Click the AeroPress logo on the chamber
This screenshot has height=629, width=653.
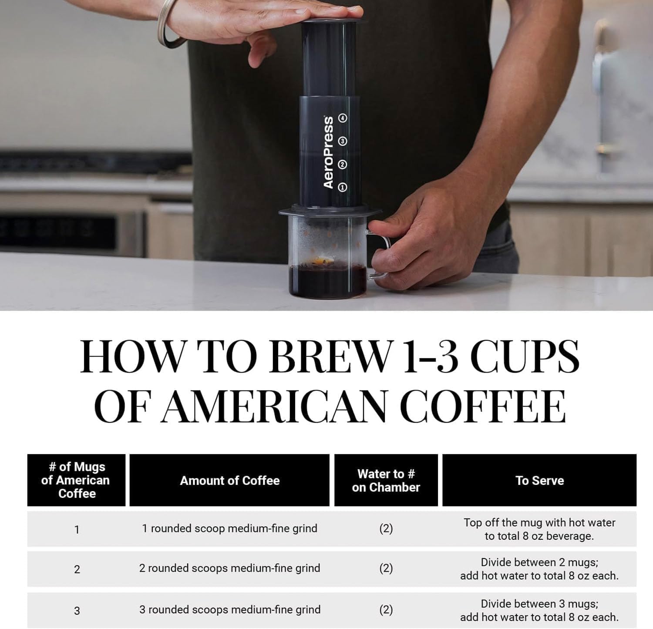coord(329,152)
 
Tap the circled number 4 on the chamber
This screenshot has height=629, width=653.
coord(343,118)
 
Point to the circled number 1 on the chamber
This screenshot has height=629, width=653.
coord(343,187)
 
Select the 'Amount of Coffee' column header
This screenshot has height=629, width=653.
coord(229,481)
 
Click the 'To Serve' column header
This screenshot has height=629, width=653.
coord(539,481)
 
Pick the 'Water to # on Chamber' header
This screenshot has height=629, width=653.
coord(386,481)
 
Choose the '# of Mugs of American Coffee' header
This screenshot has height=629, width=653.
coord(77,481)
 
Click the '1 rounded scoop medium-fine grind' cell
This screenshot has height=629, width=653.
coord(229,528)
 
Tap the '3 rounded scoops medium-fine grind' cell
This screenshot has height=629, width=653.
coord(229,609)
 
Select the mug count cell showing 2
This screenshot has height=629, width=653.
coord(77,569)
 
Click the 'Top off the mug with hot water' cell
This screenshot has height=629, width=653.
coord(539,529)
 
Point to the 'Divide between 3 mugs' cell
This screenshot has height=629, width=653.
coord(539,610)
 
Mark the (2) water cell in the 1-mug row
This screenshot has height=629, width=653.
coord(386,528)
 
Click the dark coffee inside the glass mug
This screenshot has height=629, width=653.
coord(327,281)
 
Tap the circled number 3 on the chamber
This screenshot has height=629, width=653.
coord(343,141)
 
